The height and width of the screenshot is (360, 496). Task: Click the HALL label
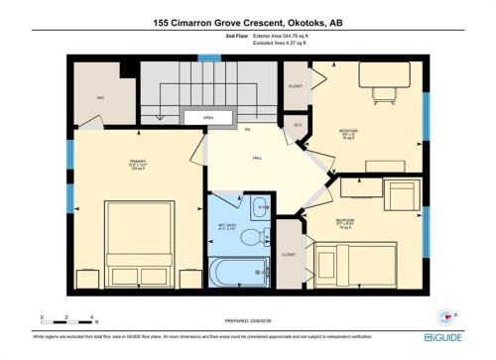point(256,158)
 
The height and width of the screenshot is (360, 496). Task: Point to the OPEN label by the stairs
point(208,118)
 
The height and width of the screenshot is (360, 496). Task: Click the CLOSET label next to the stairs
point(295,86)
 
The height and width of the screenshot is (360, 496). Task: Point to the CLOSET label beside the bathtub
point(289,255)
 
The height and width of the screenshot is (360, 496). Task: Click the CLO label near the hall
point(297,125)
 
